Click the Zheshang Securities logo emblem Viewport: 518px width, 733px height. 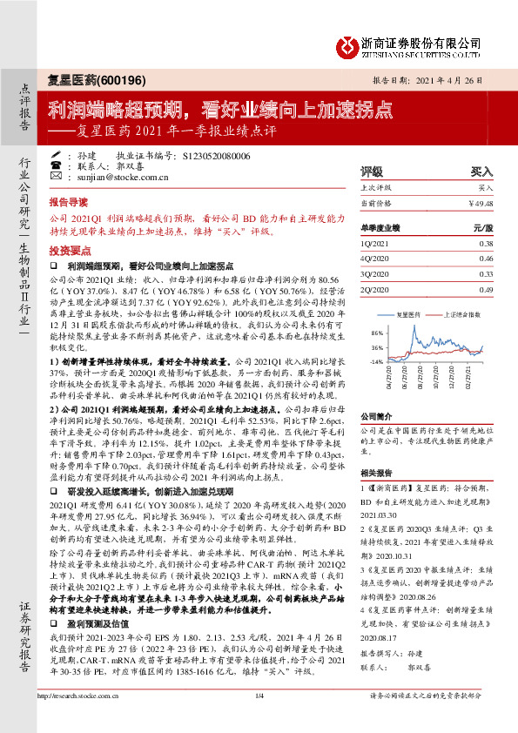pos(349,44)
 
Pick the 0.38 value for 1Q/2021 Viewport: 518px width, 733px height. pos(486,245)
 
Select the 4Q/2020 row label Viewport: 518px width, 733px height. pos(373,259)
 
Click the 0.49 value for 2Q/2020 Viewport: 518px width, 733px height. pos(486,288)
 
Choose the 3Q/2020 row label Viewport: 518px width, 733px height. pos(373,273)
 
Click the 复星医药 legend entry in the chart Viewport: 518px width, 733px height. pos(409,311)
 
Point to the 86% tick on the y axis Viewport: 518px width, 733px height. pos(377,333)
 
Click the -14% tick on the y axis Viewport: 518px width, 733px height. pos(376,360)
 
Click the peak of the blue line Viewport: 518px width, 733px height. pos(435,330)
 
